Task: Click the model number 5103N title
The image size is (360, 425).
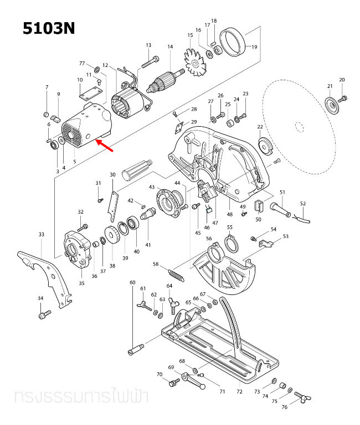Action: click(49, 28)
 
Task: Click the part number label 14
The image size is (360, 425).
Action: click(170, 46)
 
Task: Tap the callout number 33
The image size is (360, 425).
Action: click(41, 235)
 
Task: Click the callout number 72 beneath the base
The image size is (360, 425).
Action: click(239, 392)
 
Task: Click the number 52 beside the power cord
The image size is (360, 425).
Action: click(302, 204)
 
